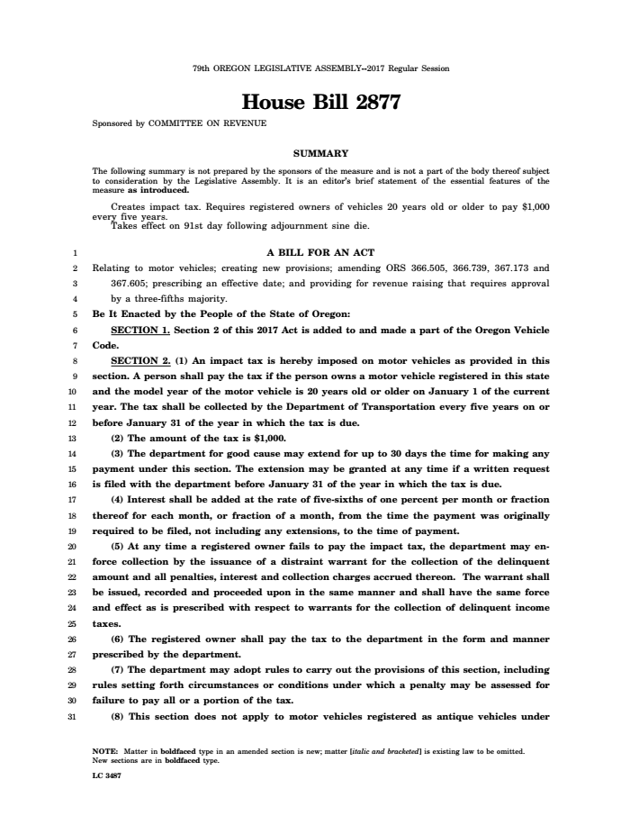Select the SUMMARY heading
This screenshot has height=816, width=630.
pyautogui.click(x=320, y=153)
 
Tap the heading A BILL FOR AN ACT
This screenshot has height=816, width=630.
pyautogui.click(x=320, y=252)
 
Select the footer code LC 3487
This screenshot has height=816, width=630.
pyautogui.click(x=107, y=773)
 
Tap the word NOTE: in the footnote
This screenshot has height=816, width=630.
pyautogui.click(x=105, y=750)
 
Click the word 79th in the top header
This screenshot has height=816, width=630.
pyautogui.click(x=201, y=68)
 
